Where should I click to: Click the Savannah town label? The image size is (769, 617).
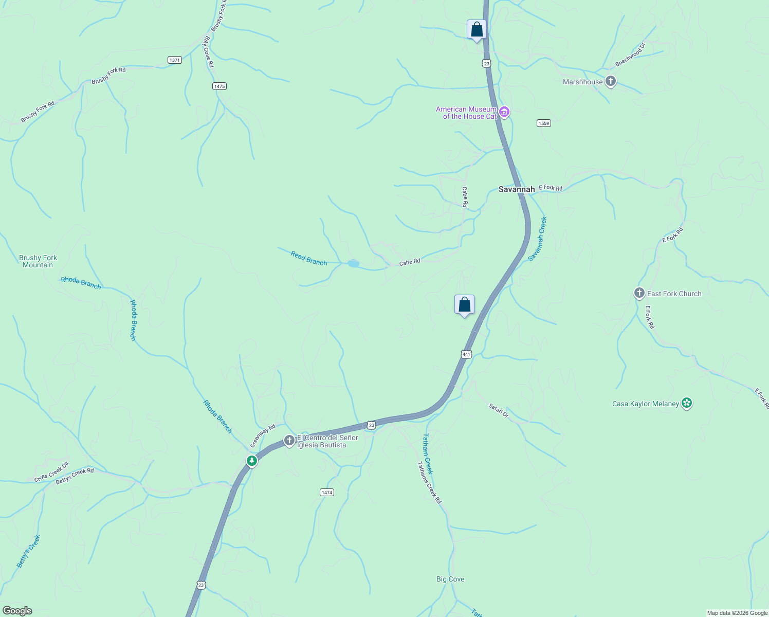coord(517,189)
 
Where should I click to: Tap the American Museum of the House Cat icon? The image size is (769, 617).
coord(504,112)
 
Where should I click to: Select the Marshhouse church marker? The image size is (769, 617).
coord(610,81)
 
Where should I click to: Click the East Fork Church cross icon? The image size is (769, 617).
coord(639,293)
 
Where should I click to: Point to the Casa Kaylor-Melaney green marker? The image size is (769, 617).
coord(686,403)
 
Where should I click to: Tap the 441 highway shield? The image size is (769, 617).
coord(466,354)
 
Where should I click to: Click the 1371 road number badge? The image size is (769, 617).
coord(174,60)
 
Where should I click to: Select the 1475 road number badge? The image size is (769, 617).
coord(219,86)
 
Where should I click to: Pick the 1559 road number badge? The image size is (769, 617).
coord(544,123)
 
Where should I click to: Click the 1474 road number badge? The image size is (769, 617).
coord(327,492)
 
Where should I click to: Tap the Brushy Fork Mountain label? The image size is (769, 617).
coord(38,261)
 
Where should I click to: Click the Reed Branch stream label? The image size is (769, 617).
coord(308,258)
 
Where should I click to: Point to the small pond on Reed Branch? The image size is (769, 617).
coord(353,264)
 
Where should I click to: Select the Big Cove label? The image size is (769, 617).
coord(450,579)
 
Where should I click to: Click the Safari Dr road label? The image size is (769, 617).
coord(498,410)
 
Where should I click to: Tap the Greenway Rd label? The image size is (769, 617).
coord(263,435)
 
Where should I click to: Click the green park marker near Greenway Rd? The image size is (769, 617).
coord(252,461)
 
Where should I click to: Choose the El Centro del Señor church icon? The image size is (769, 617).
coord(289,441)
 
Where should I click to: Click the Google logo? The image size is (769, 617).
coord(17,610)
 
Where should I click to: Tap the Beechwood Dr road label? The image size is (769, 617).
coord(630,55)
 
